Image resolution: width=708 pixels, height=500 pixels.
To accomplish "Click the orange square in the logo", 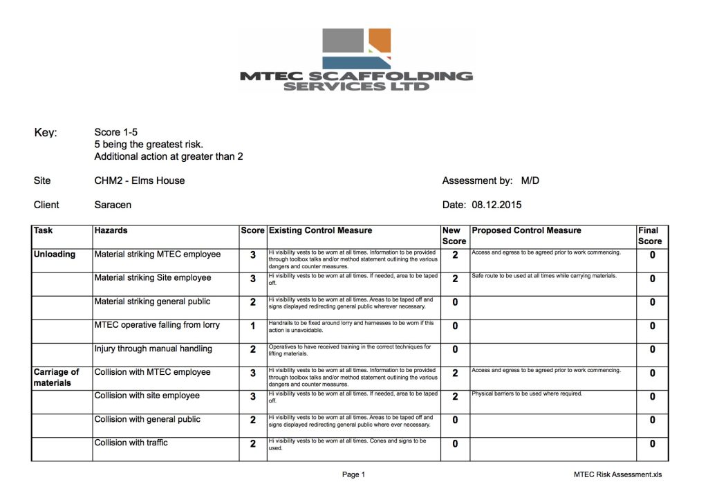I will pyautogui.click(x=380, y=41).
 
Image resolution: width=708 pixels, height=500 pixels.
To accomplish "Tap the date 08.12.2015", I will pyautogui.click(x=496, y=205).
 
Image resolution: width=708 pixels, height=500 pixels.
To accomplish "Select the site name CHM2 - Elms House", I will pyautogui.click(x=139, y=180).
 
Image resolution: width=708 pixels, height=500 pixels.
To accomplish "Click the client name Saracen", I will pyautogui.click(x=113, y=205).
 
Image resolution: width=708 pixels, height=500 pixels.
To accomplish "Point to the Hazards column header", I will pyautogui.click(x=111, y=230).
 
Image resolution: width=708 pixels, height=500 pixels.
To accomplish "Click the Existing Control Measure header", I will pyautogui.click(x=320, y=230).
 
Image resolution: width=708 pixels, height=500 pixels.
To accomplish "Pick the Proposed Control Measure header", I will pyautogui.click(x=526, y=230).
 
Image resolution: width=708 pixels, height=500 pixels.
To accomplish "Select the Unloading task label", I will pyautogui.click(x=55, y=254).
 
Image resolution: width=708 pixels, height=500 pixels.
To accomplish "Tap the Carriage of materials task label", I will pyautogui.click(x=56, y=377).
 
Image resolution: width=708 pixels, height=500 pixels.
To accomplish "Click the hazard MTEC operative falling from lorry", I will pyautogui.click(x=158, y=325).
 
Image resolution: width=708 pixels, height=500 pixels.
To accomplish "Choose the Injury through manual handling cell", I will pyautogui.click(x=153, y=349).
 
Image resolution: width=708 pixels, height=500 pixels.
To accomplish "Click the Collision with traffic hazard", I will pyautogui.click(x=131, y=443).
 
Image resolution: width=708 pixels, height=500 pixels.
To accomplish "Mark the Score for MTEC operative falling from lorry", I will pyautogui.click(x=253, y=326).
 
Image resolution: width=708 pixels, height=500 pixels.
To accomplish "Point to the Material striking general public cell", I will pyautogui.click(x=152, y=302).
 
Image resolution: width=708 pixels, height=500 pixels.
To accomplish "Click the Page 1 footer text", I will pyautogui.click(x=353, y=474).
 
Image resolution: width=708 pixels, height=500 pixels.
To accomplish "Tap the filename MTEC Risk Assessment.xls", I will pyautogui.click(x=617, y=474).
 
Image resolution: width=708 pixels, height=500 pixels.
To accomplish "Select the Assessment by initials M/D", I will pyautogui.click(x=530, y=180).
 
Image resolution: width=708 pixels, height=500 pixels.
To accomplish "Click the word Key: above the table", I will pyautogui.click(x=46, y=133).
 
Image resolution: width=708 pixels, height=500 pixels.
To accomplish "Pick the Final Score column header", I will pyautogui.click(x=650, y=236).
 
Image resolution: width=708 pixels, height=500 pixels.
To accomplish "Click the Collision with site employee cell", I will pyautogui.click(x=147, y=396).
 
